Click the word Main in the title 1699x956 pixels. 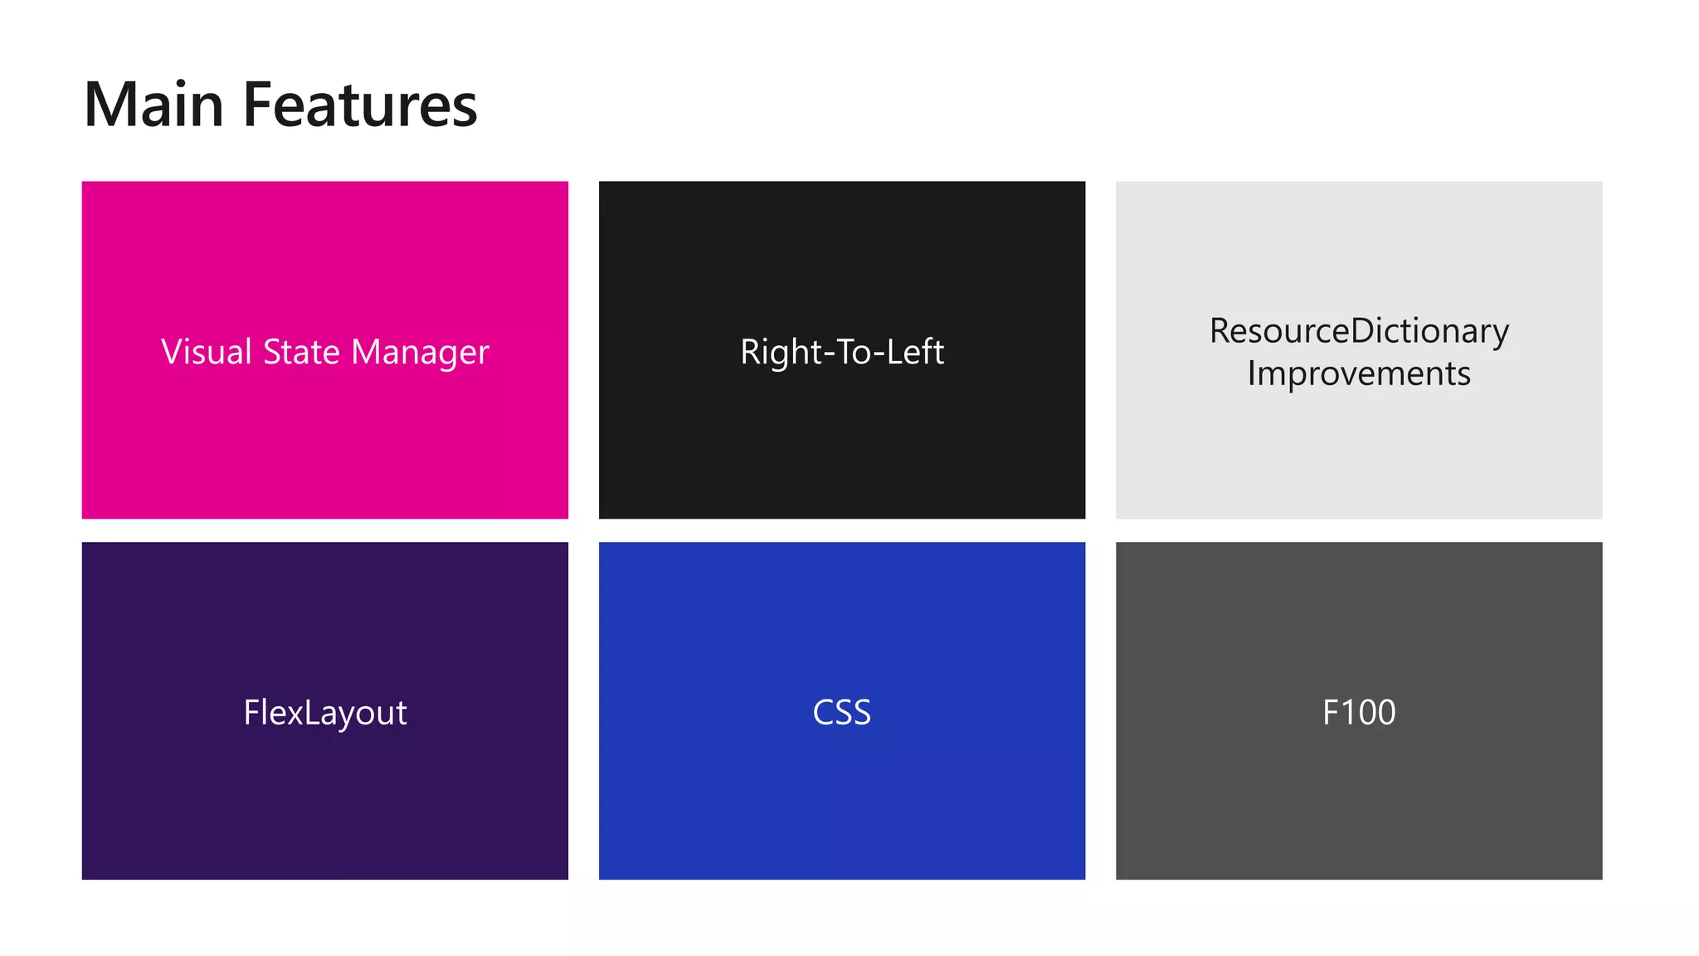coord(154,105)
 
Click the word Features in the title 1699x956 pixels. coord(359,105)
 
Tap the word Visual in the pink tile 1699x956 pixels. coord(206,352)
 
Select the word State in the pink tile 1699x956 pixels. coord(301,352)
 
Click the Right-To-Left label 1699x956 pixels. coord(842,352)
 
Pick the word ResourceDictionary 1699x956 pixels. coord(1359,331)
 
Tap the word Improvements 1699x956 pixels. coord(1359,373)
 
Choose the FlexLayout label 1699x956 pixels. coord(325,713)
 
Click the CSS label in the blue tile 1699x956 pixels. coord(842,713)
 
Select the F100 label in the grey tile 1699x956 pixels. coord(1359,713)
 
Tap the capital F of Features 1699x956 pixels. coord(257,105)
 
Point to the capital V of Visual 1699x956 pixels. coord(172,352)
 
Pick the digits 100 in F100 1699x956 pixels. coord(1370,713)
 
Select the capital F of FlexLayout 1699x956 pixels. coord(251,713)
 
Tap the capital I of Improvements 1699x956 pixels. coord(1251,373)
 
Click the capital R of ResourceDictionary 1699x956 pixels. coord(1219,331)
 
